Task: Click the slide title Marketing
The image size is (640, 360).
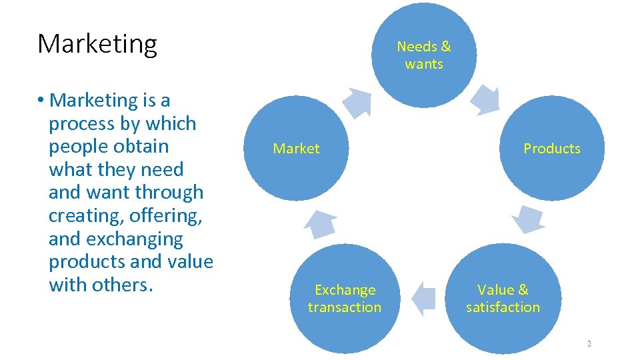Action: tap(97, 44)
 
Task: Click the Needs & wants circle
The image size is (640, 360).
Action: tap(424, 55)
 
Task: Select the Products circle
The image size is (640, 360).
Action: tap(551, 149)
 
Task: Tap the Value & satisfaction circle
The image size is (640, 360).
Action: tap(503, 298)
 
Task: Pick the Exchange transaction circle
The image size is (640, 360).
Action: tap(345, 298)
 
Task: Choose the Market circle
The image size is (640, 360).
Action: tap(296, 149)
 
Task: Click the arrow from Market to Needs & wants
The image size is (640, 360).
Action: tap(357, 102)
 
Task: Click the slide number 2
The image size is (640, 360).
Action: tap(589, 344)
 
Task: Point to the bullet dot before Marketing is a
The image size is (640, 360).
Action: tap(41, 101)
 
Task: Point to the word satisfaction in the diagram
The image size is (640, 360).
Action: tap(503, 307)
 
